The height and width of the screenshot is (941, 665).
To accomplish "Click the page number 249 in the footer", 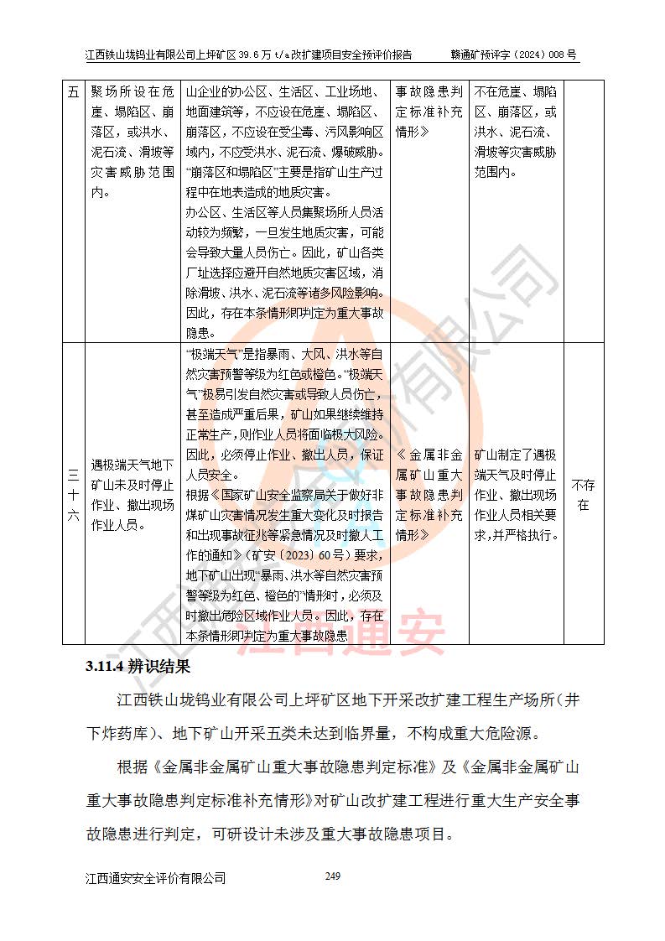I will pos(332,876).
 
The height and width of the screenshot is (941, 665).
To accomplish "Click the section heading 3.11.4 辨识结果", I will pos(138,668).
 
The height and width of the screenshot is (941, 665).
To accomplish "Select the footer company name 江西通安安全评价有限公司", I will pos(156,878).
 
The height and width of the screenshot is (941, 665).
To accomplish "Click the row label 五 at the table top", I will pos(72,92).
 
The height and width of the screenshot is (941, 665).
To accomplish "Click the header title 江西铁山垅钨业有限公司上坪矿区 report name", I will pos(250,55).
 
